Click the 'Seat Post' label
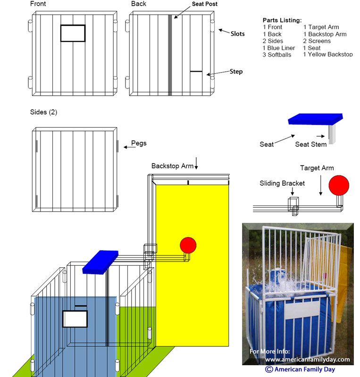204,4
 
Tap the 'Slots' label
237,33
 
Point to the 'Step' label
236,72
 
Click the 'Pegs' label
139,143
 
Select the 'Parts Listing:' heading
282,20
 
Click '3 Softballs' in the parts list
276,55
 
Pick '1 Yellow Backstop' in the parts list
328,54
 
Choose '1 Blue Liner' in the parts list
279,48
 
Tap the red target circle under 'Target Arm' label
339,185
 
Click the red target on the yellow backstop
188,245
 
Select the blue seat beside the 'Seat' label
316,119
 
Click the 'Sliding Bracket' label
282,183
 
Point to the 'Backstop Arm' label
172,166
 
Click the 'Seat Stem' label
311,144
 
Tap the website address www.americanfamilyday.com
308,360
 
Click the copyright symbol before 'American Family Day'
269,369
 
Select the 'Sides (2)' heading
43,112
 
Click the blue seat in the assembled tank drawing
100,262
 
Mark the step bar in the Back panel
196,72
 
